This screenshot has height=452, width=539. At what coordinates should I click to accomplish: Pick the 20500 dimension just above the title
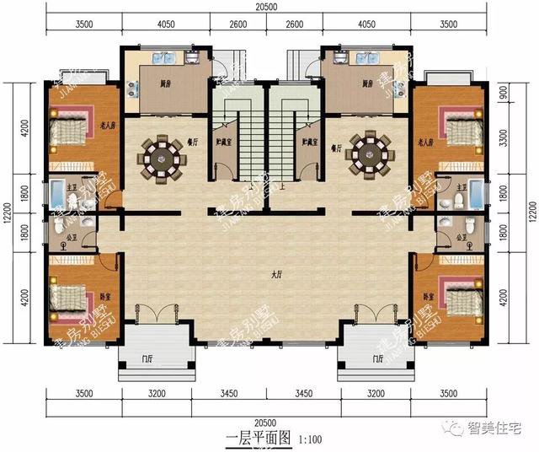click(x=268, y=420)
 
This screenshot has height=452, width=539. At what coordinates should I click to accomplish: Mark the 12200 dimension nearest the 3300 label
click(x=529, y=207)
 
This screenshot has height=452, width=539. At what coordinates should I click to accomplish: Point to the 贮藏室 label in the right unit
click(x=311, y=143)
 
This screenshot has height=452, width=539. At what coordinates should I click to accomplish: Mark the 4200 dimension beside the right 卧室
click(x=503, y=297)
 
